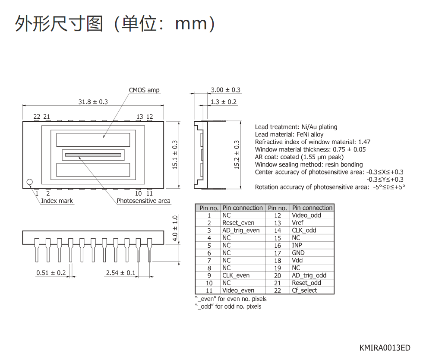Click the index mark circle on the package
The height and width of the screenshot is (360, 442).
click(x=30, y=182)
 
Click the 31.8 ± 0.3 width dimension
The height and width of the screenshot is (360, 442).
click(x=93, y=102)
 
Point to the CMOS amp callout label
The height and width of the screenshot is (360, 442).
click(x=144, y=90)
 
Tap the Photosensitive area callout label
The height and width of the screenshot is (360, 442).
click(x=143, y=201)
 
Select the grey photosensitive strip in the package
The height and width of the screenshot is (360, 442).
click(x=93, y=155)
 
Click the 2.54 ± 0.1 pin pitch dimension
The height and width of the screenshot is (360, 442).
click(x=121, y=273)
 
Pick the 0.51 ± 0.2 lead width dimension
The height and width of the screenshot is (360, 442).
click(x=51, y=273)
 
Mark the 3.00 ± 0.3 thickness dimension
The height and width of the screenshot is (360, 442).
click(x=226, y=90)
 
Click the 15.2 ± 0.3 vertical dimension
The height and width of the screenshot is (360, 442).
click(x=237, y=155)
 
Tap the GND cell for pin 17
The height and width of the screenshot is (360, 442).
click(x=298, y=253)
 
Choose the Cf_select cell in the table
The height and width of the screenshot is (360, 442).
click(x=304, y=291)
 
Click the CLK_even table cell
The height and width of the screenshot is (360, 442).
click(x=236, y=275)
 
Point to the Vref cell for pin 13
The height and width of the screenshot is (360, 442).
click(x=298, y=223)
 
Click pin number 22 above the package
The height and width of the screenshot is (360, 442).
click(x=37, y=117)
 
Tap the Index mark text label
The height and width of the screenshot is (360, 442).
click(x=57, y=201)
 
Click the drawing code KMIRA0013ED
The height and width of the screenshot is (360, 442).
click(x=385, y=348)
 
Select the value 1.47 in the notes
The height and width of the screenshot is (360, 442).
click(x=364, y=142)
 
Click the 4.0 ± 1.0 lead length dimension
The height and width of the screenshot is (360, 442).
click(x=175, y=228)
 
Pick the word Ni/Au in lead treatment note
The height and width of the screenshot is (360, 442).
click(x=309, y=127)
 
